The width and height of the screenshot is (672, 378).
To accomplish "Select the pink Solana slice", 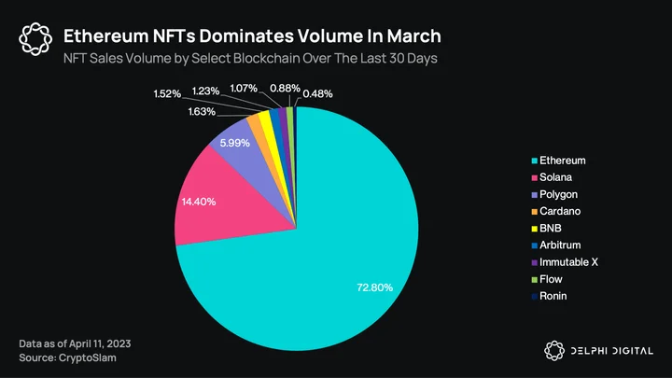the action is [223, 202].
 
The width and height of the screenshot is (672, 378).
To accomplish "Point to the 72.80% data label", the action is [374, 287].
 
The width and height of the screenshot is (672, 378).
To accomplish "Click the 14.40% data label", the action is [199, 202].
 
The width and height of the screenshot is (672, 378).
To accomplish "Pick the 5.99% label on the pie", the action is [235, 143].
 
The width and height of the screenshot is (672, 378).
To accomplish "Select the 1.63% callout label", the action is [202, 112].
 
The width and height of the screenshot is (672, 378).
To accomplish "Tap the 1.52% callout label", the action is [167, 94].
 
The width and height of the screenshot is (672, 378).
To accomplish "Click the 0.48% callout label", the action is [317, 94].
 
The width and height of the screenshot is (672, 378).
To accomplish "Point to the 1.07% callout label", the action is [244, 89].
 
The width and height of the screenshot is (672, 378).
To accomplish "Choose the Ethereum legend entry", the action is [558, 161].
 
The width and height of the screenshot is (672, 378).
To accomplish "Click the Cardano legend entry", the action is [556, 211].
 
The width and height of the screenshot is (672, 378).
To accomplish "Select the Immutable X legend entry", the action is [565, 262].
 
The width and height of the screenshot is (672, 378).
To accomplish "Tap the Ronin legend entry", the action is [549, 296].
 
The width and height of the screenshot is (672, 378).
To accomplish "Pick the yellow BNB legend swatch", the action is [535, 229].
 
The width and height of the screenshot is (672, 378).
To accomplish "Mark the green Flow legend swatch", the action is [535, 280].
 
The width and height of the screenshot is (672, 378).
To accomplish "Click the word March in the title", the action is [414, 36].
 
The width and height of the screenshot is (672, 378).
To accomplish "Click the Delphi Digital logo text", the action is [612, 351].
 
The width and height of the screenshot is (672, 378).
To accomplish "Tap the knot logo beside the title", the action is [35, 39].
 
